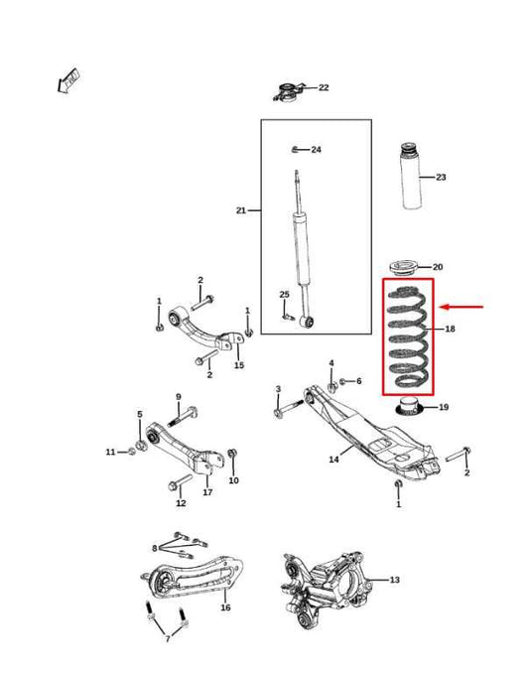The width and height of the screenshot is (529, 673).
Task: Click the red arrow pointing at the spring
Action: click(463, 308)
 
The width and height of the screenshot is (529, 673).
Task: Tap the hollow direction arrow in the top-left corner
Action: click(68, 80)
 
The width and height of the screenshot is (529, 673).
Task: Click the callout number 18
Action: click(450, 329)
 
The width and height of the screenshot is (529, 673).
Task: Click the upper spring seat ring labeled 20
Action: click(405, 266)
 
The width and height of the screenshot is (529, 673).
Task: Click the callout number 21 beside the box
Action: click(241, 210)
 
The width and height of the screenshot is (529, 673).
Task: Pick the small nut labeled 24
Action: click(295, 150)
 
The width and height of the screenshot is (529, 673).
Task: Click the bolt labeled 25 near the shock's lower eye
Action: click(289, 318)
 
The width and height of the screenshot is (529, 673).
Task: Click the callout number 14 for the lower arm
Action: click(333, 460)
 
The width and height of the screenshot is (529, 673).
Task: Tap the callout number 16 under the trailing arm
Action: click(224, 607)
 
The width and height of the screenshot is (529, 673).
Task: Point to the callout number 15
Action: click(239, 365)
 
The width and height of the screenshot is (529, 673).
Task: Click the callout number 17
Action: click(207, 492)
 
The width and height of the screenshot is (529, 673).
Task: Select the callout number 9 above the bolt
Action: click(178, 397)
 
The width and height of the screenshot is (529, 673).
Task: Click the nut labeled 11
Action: click(131, 453)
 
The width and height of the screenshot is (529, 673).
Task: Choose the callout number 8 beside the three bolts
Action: click(154, 547)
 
